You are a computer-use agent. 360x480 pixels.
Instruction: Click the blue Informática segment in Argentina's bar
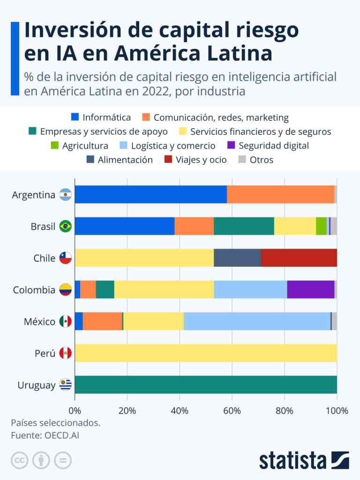[150, 194]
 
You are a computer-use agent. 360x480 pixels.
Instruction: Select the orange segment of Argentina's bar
[280, 194]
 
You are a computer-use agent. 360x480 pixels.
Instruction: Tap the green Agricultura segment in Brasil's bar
[321, 226]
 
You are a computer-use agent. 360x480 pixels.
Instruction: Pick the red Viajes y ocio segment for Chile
[299, 258]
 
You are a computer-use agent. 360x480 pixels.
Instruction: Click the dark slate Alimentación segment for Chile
[237, 258]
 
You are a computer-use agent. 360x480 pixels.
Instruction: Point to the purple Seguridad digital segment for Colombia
[310, 290]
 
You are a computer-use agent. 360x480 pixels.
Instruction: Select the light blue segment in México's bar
[257, 322]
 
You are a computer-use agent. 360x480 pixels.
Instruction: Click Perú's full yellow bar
[205, 353]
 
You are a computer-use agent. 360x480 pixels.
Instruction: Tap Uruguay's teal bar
[205, 385]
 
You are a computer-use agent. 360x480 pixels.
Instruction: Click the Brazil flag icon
[65, 226]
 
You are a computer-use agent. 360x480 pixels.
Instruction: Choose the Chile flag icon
[65, 258]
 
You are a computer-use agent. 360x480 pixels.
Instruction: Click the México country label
[40, 322]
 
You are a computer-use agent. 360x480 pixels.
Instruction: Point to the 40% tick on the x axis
[180, 411]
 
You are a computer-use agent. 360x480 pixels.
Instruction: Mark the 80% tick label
[285, 411]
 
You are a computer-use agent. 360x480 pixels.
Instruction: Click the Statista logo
[304, 460]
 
